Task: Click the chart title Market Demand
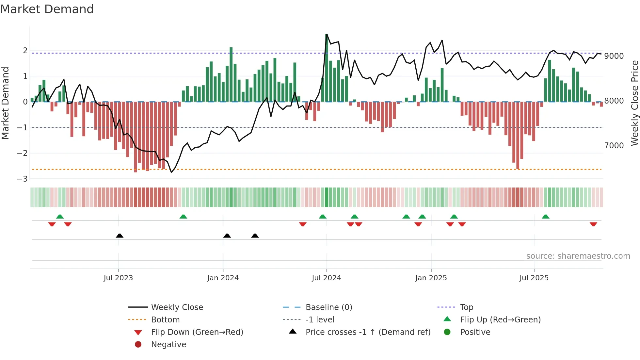pyautogui.click(x=47, y=9)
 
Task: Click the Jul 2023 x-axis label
pyautogui.click(x=118, y=278)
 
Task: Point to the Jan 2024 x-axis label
pyautogui.click(x=223, y=278)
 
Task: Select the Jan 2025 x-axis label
pyautogui.click(x=431, y=278)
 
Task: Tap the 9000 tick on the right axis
pyautogui.click(x=614, y=56)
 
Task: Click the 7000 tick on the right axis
pyautogui.click(x=614, y=146)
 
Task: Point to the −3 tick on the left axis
pyautogui.click(x=23, y=179)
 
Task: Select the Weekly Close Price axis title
pyautogui.click(x=634, y=103)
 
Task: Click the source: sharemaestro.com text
pyautogui.click(x=578, y=256)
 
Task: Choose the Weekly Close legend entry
pyautogui.click(x=177, y=307)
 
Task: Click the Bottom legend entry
pyautogui.click(x=165, y=320)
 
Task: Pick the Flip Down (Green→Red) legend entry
pyautogui.click(x=197, y=332)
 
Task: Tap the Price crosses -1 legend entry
pyautogui.click(x=368, y=332)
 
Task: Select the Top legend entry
pyautogui.click(x=467, y=307)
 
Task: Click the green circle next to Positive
pyautogui.click(x=447, y=332)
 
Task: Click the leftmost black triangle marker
pyautogui.click(x=120, y=236)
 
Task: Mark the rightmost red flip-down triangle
pyautogui.click(x=593, y=224)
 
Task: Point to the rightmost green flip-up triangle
pyautogui.click(x=546, y=217)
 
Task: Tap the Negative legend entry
pyautogui.click(x=168, y=345)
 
